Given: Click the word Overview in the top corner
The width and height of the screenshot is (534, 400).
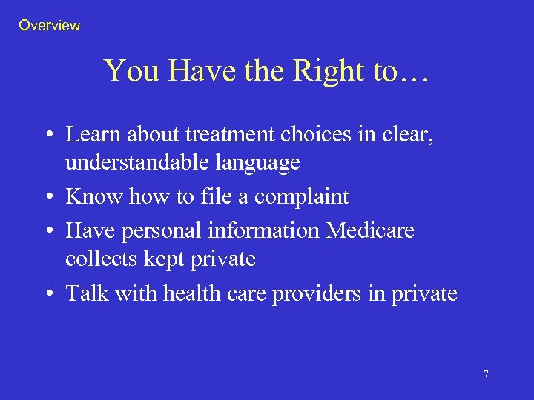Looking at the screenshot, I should (49, 26).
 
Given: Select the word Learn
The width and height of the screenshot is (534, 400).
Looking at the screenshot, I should (93, 135).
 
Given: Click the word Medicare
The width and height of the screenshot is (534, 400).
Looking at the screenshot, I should (370, 231).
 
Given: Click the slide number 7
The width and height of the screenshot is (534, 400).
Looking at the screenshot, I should (486, 374).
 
